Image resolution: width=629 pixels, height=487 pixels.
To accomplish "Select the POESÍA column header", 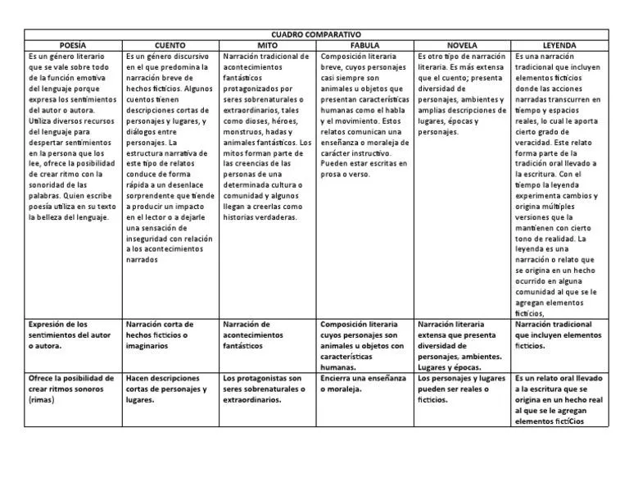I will coord(73,45).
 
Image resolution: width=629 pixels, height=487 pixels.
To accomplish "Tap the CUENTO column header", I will coord(170,45).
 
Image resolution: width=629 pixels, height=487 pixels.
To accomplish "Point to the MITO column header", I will coord(268,45).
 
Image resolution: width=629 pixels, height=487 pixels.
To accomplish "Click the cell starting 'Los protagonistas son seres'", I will coord(266,389).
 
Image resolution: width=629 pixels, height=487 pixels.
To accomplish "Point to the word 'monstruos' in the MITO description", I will coord(244,130).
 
